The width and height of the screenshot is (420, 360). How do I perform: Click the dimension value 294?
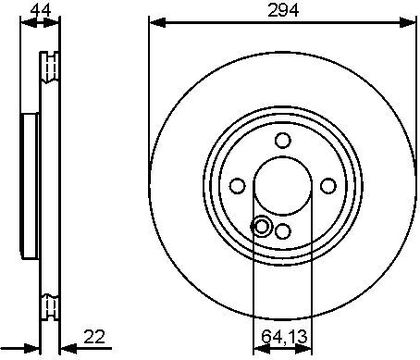tap(283, 11)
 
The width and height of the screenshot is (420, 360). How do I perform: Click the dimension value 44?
tap(40, 11)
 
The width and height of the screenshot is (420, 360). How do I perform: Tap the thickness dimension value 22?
tap(94, 337)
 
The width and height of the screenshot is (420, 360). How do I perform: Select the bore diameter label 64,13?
tap(284, 337)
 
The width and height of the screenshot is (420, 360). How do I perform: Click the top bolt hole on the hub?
tap(283, 140)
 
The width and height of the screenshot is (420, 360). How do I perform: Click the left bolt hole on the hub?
tap(238, 186)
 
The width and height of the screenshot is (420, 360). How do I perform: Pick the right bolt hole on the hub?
tap(328, 186)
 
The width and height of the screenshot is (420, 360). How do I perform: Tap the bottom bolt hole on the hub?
tap(283, 231)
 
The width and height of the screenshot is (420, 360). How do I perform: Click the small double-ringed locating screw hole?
tap(261, 227)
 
